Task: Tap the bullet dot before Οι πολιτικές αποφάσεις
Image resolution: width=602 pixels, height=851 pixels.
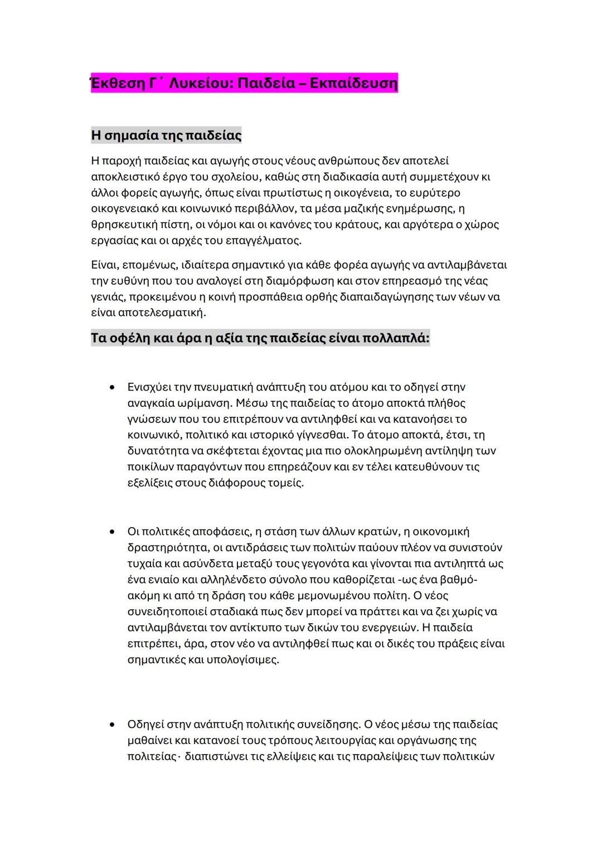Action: coord(113,532)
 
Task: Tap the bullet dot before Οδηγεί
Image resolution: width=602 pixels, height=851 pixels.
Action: coord(113,724)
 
